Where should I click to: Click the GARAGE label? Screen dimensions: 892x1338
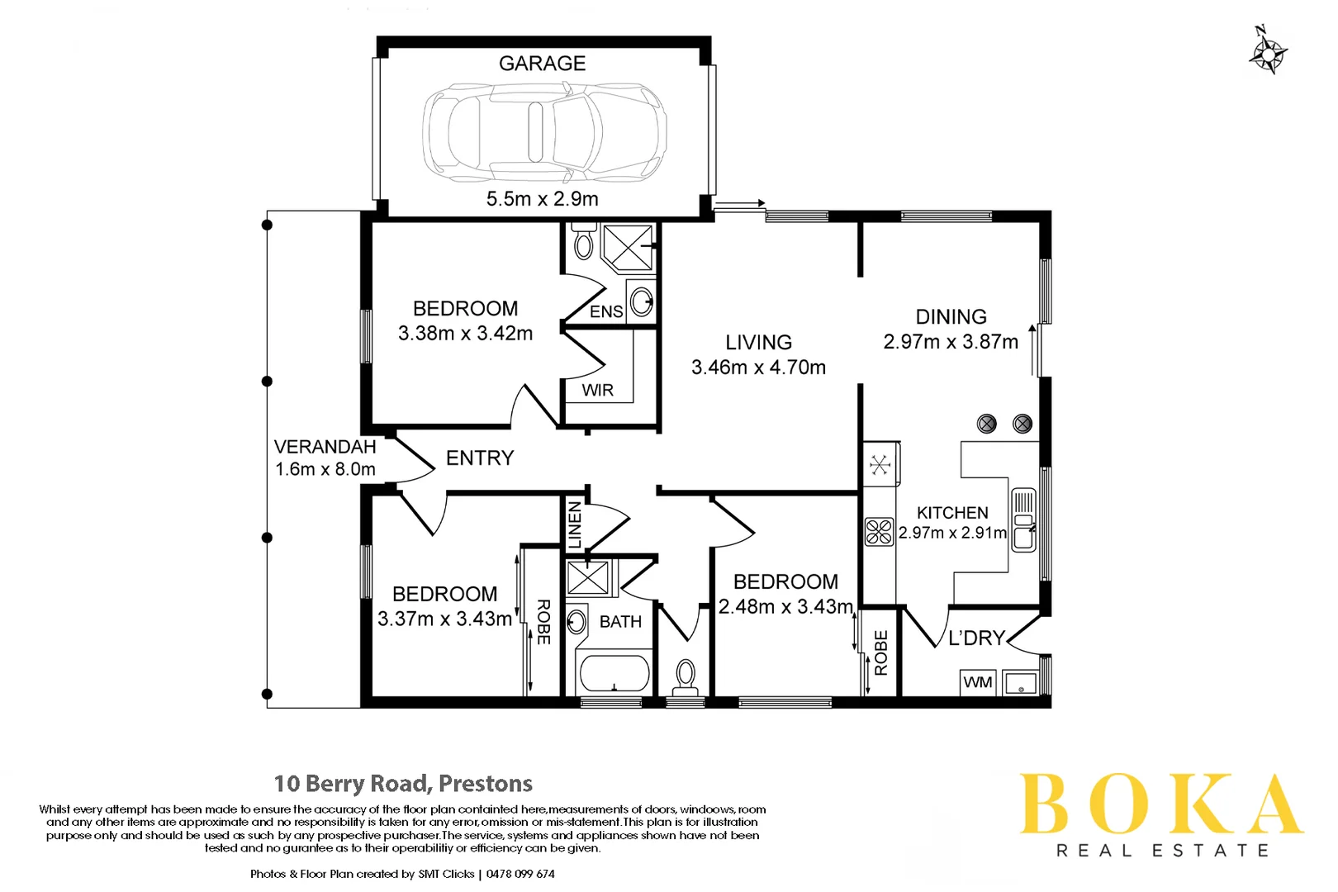pos(542,64)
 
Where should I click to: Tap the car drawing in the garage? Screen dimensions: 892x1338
pos(544,132)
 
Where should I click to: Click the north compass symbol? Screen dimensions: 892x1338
pos(1266,52)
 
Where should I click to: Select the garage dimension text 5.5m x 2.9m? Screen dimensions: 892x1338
pos(542,199)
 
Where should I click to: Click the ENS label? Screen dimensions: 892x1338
pos(605,311)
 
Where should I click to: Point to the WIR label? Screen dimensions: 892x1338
pos(597,390)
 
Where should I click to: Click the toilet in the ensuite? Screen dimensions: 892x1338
pos(584,241)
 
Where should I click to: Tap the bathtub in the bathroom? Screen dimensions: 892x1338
pos(614,673)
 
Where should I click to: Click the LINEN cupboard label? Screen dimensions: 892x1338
pos(575,524)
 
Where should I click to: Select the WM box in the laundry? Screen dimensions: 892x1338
pos(978,682)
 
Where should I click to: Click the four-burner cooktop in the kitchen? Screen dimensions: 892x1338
pos(879,531)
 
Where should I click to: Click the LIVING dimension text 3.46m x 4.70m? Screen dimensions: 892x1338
pos(758,368)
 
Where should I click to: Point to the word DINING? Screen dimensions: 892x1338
pos(951,317)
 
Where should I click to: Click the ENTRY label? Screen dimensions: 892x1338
pos(480,458)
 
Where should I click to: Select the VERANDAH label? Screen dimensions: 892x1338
pos(325,447)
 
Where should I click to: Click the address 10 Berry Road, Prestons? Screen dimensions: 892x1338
pos(403,783)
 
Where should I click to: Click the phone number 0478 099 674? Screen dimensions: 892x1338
pos(520,874)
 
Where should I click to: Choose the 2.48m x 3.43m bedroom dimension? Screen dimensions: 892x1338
pos(785,607)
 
